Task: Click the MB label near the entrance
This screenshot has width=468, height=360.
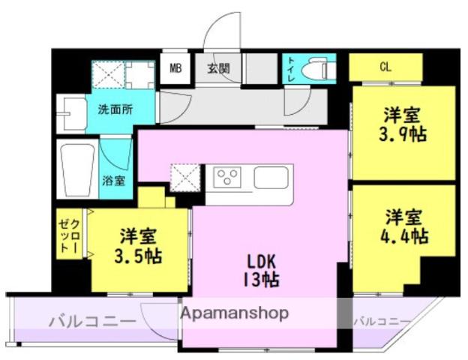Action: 175,69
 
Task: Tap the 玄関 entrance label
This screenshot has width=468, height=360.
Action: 218,69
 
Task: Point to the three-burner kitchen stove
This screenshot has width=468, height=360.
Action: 227,177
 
